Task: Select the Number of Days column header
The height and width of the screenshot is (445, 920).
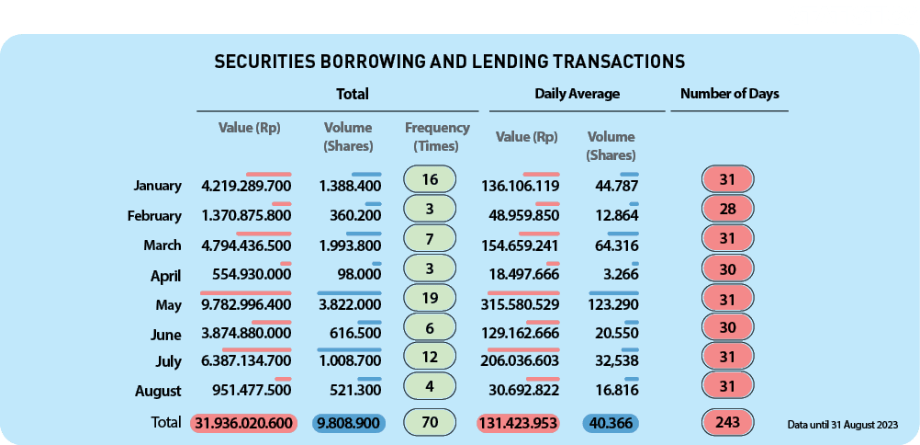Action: pyautogui.click(x=729, y=94)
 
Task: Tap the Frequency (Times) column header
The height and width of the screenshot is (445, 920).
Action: pyautogui.click(x=437, y=137)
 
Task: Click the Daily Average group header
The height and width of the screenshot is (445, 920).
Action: pyautogui.click(x=577, y=94)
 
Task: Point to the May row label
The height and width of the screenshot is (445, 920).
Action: pyautogui.click(x=169, y=304)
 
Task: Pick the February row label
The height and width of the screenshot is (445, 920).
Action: pyautogui.click(x=154, y=216)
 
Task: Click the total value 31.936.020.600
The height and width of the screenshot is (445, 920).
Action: pyautogui.click(x=246, y=424)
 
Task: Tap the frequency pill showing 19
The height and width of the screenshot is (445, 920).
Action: pyautogui.click(x=430, y=299)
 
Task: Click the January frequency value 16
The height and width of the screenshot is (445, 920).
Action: pyautogui.click(x=430, y=179)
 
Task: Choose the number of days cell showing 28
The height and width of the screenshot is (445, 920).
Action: pyautogui.click(x=727, y=209)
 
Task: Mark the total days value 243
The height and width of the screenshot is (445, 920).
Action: pyautogui.click(x=727, y=423)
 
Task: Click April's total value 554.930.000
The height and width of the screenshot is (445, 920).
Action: pyautogui.click(x=247, y=276)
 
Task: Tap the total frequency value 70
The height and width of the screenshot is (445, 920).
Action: pyautogui.click(x=430, y=423)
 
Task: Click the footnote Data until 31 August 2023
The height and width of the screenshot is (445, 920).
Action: pyautogui.click(x=841, y=425)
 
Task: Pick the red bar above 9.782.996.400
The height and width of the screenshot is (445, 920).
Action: pyautogui.click(x=245, y=292)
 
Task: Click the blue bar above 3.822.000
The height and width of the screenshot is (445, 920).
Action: pyautogui.click(x=349, y=292)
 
